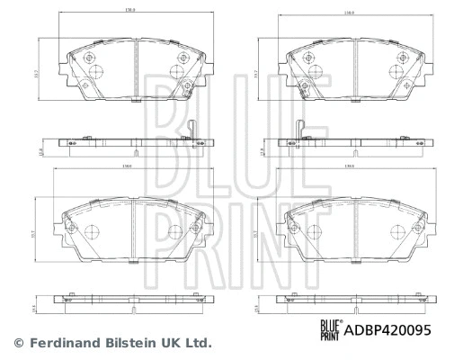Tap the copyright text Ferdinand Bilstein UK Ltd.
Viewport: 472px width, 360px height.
pos(112,342)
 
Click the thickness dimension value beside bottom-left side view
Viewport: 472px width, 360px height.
pos(35,306)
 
